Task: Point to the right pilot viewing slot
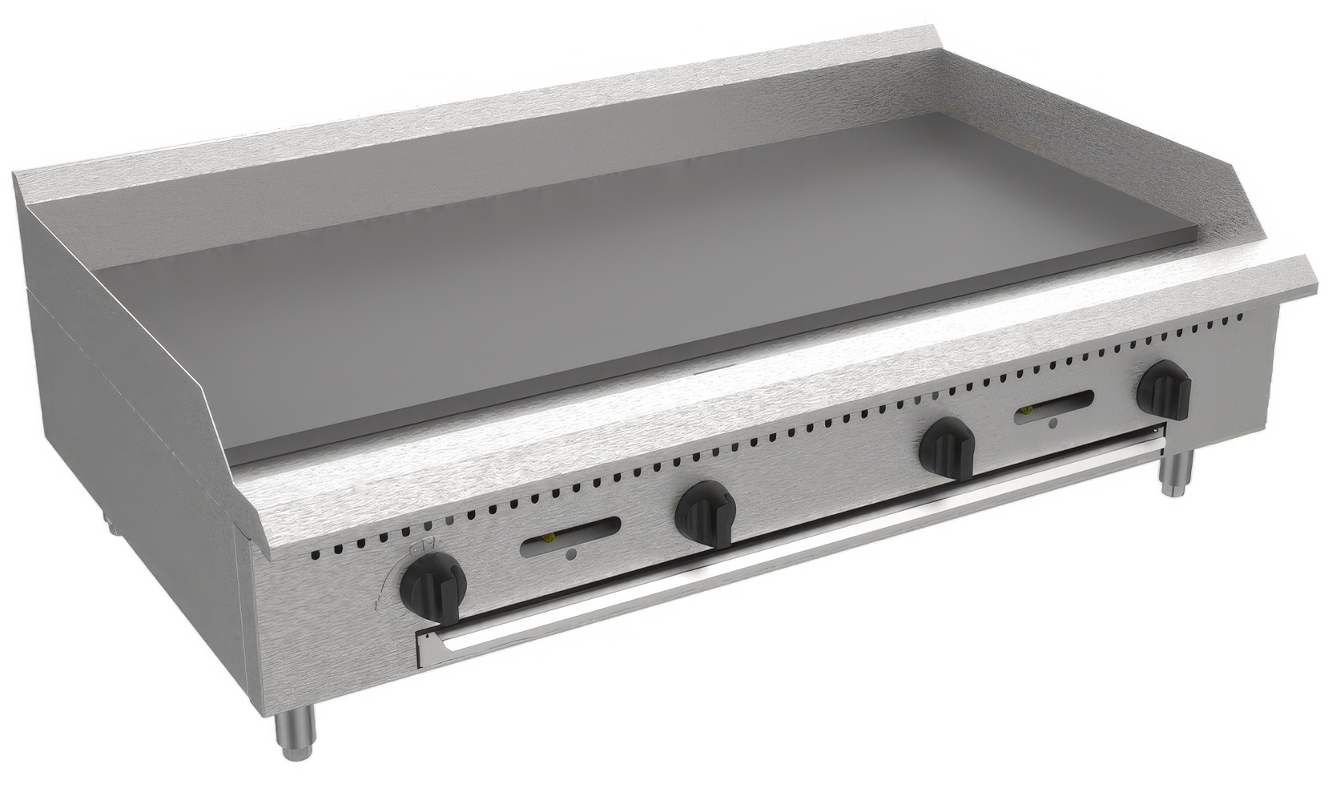(1055, 404)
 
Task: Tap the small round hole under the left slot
(569, 554)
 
